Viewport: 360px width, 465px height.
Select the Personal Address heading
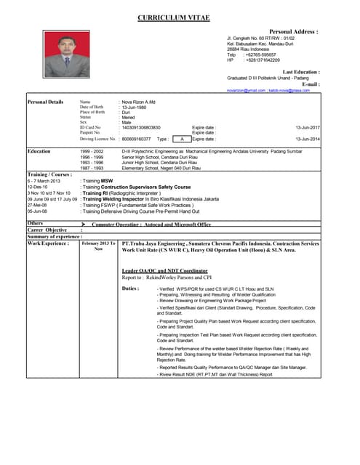294,33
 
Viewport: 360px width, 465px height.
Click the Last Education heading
300,73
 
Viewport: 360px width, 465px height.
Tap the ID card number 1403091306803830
141,128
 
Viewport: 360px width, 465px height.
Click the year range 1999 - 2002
92,151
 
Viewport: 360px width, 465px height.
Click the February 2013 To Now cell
98,246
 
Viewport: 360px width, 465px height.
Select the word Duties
130,288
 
